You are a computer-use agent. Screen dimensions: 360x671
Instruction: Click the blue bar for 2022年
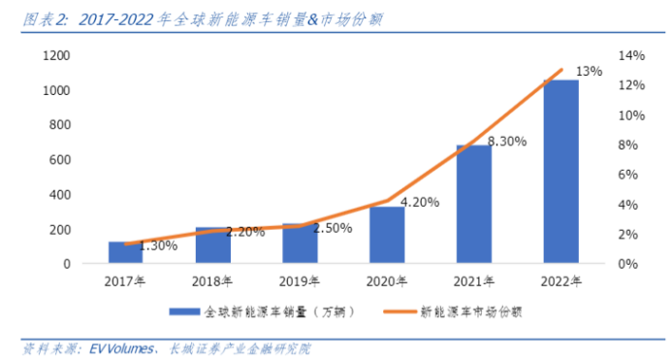[560, 171]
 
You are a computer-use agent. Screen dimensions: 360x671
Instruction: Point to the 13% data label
[589, 72]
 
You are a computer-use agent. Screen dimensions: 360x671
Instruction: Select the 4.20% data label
[420, 203]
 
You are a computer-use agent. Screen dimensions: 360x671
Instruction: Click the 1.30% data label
[158, 246]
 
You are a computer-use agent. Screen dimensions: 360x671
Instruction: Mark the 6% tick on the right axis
[629, 175]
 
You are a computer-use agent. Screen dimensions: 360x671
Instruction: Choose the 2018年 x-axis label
[212, 282]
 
